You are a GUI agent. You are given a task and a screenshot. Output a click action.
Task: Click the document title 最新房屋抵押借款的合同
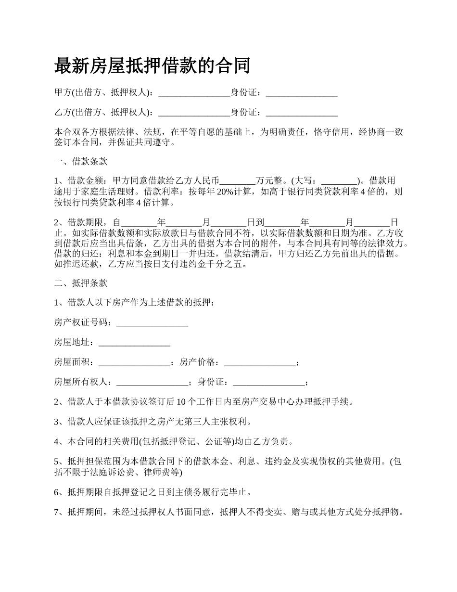click(152, 65)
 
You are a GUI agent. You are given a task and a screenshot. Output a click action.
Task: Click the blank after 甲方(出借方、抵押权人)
click(194, 92)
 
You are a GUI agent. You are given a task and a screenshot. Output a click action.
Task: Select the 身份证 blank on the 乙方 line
click(302, 113)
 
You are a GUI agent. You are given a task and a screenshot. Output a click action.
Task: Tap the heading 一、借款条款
click(81, 161)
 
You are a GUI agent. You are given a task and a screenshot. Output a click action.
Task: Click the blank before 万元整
click(238, 181)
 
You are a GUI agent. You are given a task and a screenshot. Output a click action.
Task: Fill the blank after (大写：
click(339, 181)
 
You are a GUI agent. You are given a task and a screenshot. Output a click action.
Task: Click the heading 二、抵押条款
click(81, 283)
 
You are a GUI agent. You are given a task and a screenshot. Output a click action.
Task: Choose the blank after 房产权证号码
click(152, 322)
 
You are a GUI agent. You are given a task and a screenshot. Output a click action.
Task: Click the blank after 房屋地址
click(134, 343)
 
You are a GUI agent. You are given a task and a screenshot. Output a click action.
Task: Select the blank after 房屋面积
click(134, 362)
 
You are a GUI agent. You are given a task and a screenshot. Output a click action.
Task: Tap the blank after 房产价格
click(260, 362)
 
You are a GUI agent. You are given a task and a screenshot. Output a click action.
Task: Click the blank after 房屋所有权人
click(152, 383)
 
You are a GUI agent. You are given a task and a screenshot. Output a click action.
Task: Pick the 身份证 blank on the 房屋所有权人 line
click(268, 383)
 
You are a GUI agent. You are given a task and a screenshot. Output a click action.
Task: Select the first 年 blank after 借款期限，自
click(139, 223)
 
